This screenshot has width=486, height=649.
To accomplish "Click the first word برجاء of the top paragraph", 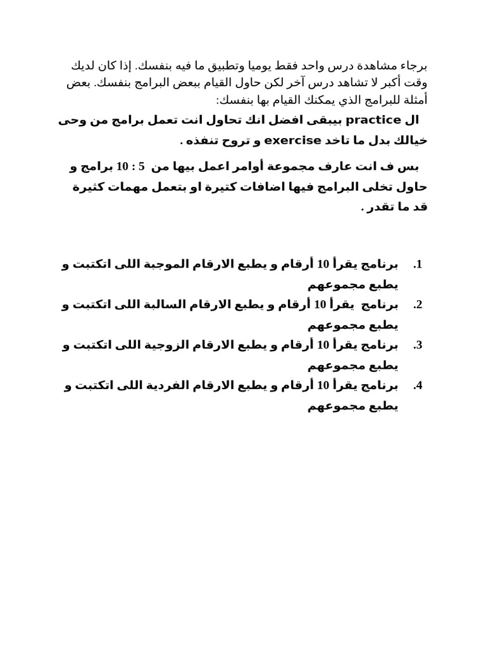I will pyautogui.click(x=414, y=65).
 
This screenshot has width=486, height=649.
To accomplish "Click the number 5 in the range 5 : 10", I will pyautogui.click(x=142, y=167).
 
